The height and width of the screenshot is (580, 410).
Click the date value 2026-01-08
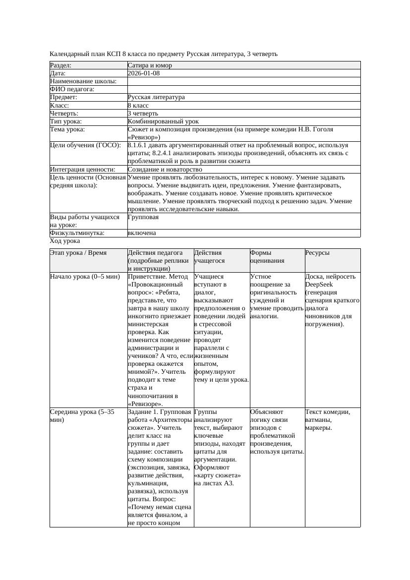click(143, 73)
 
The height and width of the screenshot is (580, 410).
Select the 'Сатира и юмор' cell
click(150, 65)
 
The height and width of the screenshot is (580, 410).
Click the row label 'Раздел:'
click(61, 65)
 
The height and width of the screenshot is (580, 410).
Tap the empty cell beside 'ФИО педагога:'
click(243, 89)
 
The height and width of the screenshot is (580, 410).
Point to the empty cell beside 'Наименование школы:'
click(243, 81)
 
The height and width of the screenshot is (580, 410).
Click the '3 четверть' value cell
click(143, 114)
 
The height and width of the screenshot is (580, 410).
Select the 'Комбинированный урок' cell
click(163, 121)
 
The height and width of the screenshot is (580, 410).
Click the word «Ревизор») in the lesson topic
click(144, 137)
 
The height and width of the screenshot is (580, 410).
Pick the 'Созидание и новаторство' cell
click(165, 170)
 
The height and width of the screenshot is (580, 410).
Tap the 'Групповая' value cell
click(143, 217)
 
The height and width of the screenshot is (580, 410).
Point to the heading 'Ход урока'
click(65, 241)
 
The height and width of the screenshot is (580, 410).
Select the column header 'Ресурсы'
click(317, 253)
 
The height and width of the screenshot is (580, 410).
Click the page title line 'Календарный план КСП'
click(164, 54)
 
